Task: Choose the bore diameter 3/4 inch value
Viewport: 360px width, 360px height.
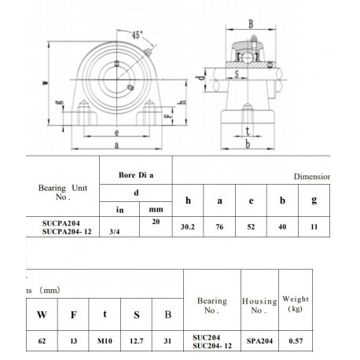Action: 116,230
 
